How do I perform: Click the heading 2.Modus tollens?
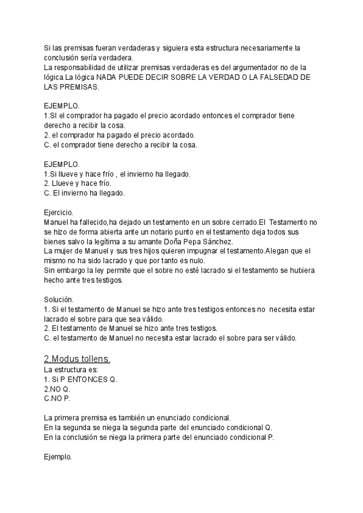pos(77,359)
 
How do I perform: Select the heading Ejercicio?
pos(59,212)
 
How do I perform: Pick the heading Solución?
pos(59,299)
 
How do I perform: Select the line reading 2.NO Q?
pos(57,390)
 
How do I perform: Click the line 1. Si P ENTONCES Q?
pos(81,379)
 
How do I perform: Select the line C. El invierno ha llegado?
pos(84,193)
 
